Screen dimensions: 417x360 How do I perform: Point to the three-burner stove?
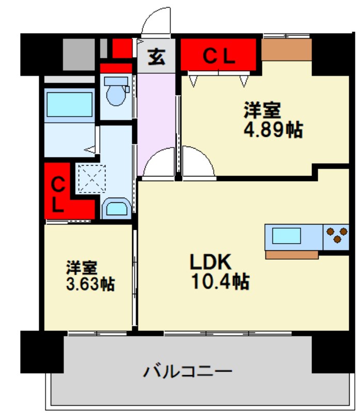(336, 235)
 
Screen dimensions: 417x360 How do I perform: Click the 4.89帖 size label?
(273, 130)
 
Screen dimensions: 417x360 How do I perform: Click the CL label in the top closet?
(218, 56)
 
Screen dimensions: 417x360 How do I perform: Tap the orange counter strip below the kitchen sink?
(292, 254)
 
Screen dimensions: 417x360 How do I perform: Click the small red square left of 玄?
(122, 49)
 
